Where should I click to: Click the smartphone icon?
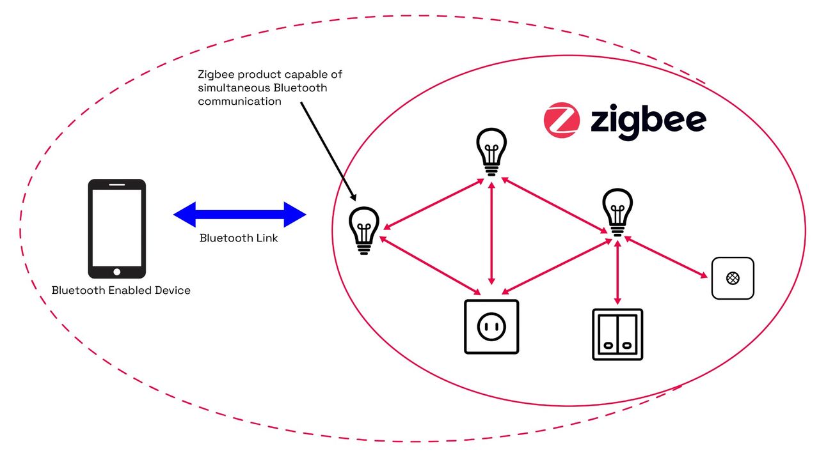tap(116, 229)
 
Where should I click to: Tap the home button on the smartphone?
tap(116, 272)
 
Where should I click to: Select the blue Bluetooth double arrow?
tap(240, 215)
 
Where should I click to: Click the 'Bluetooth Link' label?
tap(239, 238)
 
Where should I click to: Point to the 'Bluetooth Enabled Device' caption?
tap(121, 290)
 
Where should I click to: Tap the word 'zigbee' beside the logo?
tap(648, 120)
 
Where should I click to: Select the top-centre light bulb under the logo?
tap(491, 151)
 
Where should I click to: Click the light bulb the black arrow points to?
tap(363, 231)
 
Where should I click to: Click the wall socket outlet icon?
tap(491, 326)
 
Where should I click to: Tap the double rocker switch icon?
tap(617, 334)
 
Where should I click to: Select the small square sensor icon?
tap(733, 278)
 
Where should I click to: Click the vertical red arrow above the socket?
tap(491, 233)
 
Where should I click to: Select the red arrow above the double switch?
tap(617, 272)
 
